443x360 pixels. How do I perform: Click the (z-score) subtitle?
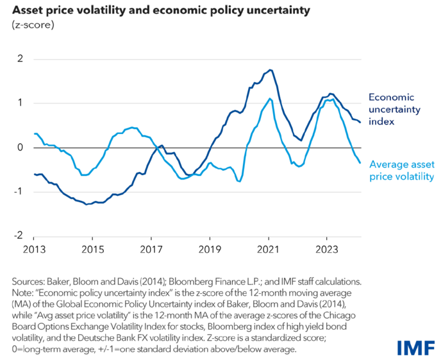30,25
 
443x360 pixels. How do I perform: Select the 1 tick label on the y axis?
21,103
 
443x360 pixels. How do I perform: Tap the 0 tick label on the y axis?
21,148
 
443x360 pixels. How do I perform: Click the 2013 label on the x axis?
34,249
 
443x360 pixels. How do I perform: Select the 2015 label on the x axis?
92,249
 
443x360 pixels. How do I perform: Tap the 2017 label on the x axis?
151,249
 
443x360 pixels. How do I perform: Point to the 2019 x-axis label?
210,249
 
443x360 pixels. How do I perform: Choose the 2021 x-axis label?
269,249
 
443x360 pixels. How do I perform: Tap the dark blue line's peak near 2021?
271,69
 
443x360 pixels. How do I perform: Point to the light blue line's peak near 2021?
270,98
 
